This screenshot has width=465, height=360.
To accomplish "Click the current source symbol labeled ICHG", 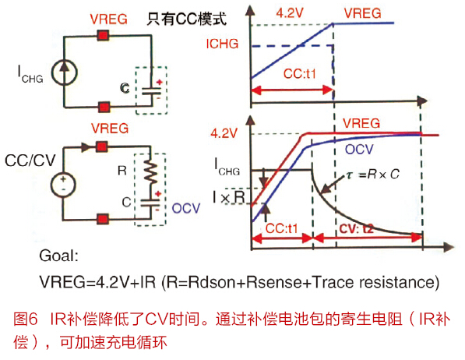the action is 65,72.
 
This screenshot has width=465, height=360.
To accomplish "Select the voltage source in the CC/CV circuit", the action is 63,185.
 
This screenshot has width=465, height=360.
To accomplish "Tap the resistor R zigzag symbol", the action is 150,171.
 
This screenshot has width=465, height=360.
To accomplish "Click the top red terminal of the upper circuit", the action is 103,36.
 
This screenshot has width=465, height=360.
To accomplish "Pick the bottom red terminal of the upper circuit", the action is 104,107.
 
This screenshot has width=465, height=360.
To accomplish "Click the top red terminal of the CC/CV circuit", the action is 102,146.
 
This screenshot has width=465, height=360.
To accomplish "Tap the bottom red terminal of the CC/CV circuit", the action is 103,219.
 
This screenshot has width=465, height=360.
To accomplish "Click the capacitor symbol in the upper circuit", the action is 152,91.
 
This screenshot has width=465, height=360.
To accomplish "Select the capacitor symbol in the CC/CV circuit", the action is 150,203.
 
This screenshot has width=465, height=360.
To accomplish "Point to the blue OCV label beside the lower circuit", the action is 186,208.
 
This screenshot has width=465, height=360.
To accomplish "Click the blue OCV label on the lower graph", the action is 359,150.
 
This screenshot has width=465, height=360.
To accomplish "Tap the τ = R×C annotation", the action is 373,175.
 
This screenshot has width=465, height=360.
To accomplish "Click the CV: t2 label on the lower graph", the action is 356,229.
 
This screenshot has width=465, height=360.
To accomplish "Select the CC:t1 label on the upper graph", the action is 300,73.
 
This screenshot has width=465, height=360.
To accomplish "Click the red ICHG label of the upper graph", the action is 222,44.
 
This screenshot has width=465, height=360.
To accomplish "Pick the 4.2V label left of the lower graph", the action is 224,133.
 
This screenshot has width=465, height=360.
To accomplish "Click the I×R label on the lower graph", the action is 229,197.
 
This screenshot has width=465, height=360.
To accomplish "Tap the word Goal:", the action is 58,256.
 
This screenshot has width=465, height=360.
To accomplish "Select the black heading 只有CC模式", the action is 187,19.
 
